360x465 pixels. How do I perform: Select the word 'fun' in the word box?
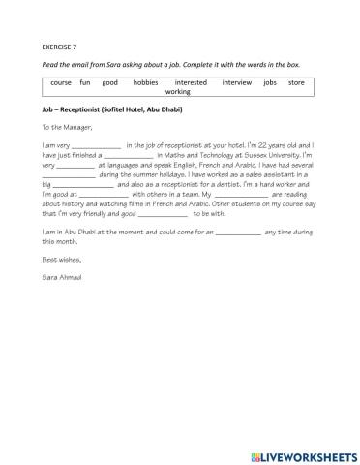pos(85,83)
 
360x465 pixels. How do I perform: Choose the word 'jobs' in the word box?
pos(270,83)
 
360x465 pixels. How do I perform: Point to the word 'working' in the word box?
pos(178,92)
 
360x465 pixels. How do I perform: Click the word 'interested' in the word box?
pos(191,83)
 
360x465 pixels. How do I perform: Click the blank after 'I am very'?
pos(97,145)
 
